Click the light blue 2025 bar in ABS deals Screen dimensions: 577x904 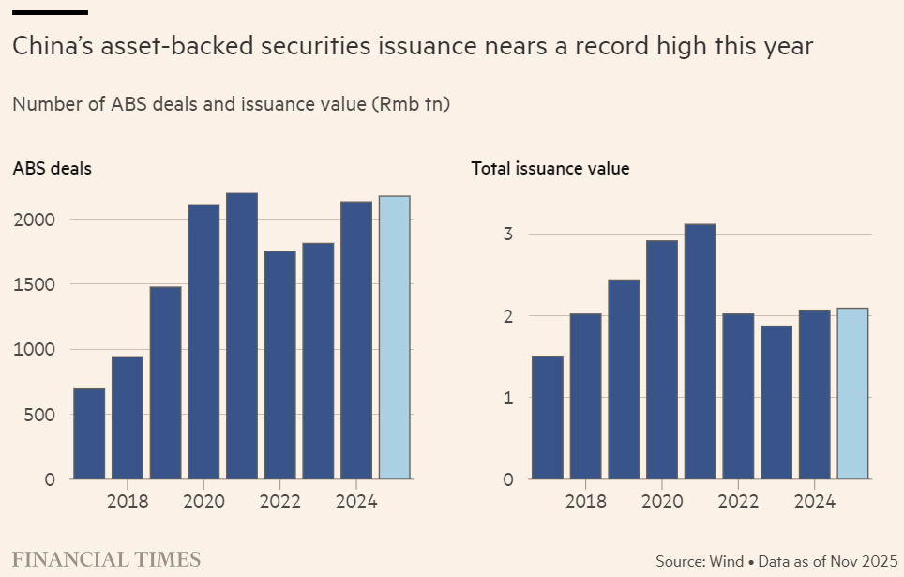[x=395, y=338]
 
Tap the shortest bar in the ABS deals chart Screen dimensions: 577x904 [x=89, y=433]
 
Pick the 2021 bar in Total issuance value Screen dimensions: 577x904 [x=701, y=352]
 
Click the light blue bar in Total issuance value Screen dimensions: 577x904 [x=852, y=394]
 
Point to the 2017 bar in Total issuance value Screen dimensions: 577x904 [x=548, y=418]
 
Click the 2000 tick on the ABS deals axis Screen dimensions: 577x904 [x=35, y=220]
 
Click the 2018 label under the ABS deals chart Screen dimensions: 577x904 [x=128, y=501]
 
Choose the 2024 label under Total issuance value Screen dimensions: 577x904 [x=814, y=501]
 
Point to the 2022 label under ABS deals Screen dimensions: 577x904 [x=280, y=501]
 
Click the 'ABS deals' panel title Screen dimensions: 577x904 [x=52, y=169]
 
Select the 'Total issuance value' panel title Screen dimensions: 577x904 [x=550, y=169]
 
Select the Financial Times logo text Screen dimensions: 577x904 [x=106, y=560]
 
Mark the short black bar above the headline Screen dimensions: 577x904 [x=50, y=13]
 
